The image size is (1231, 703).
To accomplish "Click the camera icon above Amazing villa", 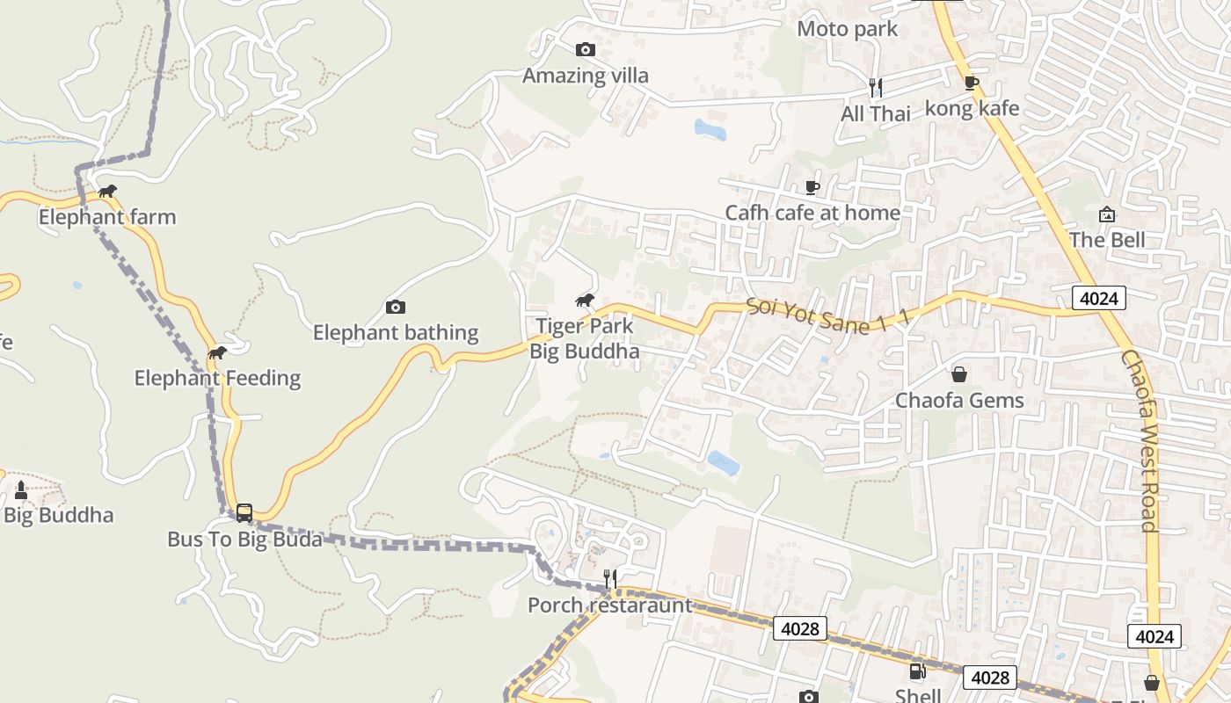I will pos(585,50).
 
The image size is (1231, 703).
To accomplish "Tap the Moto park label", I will pos(847,29).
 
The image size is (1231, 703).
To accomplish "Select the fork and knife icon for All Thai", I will pos(875,87).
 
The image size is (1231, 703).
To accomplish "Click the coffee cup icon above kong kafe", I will pos(971,83).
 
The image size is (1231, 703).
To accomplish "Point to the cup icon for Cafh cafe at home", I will pos(812,187).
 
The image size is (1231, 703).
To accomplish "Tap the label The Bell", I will pos(1107,240).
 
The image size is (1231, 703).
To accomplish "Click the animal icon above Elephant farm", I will pos(107,192).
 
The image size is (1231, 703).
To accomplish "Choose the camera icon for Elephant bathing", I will pos(396,307).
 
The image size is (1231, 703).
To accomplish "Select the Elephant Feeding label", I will pos(217,379).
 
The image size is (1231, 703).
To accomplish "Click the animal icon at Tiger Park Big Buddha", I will pos(585,301).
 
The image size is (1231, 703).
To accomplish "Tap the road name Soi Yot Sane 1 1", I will pos(827,316).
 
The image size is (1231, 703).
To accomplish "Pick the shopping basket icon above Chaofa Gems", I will pos(958,374).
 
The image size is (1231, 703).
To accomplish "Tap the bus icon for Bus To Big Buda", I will pos(244,512).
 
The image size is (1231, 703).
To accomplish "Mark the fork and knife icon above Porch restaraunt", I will pos(609,578).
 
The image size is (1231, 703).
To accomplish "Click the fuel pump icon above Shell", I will pos(916,672).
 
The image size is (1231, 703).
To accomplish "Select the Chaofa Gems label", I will pos(959,401).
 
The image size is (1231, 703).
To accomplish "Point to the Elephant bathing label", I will pos(396,333).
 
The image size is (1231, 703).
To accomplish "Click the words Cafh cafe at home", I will pos(812,213).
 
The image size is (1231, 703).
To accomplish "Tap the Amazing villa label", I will pos(585,76).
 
